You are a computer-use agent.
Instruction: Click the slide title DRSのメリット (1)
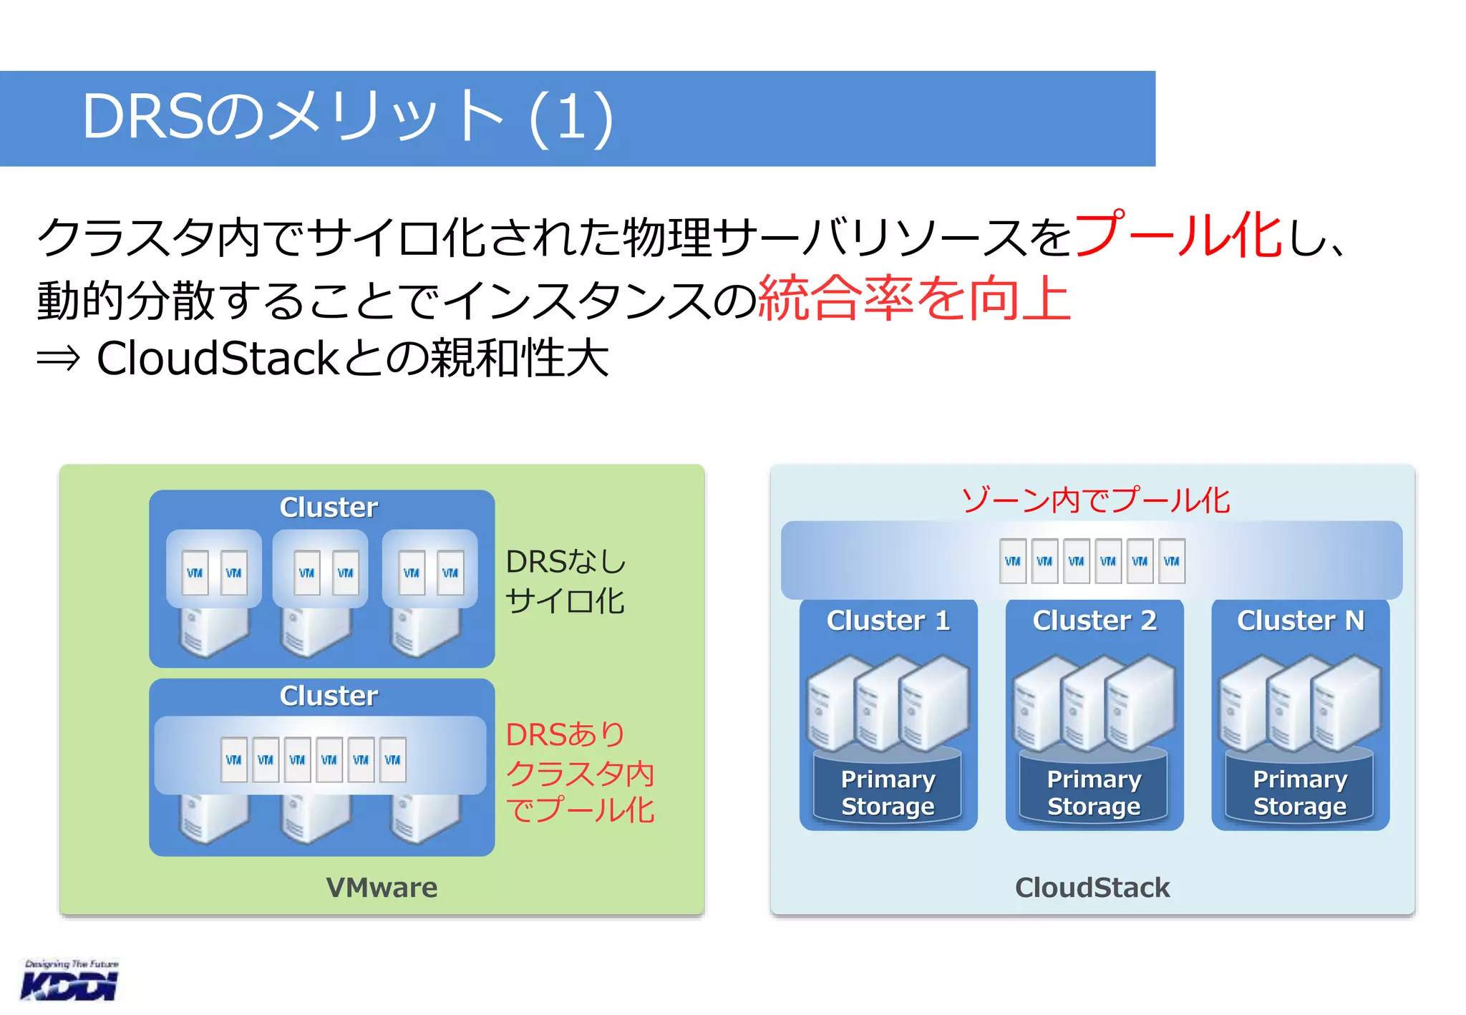(x=348, y=117)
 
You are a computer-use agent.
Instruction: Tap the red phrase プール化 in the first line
(x=1178, y=235)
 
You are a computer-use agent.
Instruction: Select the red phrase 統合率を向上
(x=913, y=298)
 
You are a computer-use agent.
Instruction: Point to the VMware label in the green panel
(x=382, y=888)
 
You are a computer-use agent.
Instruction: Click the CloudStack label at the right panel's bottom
(x=1092, y=888)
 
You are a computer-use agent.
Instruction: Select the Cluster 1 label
(x=888, y=621)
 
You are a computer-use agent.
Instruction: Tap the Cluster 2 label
(x=1094, y=621)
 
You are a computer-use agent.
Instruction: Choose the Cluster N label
(x=1300, y=621)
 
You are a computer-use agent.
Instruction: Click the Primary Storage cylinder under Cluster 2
(x=1094, y=792)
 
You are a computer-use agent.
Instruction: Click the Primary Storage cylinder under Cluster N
(x=1300, y=792)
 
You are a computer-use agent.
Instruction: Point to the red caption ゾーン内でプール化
(x=1095, y=500)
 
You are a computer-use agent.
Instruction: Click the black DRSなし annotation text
(x=565, y=562)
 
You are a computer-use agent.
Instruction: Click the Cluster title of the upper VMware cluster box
(x=329, y=507)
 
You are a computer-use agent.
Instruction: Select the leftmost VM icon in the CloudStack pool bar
(x=1012, y=561)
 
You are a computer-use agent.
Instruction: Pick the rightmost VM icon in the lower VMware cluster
(x=392, y=759)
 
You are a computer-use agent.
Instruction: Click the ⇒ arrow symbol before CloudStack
(x=59, y=358)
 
